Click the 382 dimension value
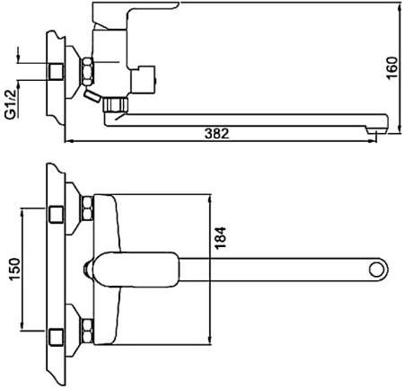click(217, 134)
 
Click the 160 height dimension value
click(392, 67)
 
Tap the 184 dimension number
click(221, 238)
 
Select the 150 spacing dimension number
click(15, 270)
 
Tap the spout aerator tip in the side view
click(377, 130)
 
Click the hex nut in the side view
click(88, 72)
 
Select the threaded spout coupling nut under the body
click(116, 104)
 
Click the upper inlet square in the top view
click(57, 214)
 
